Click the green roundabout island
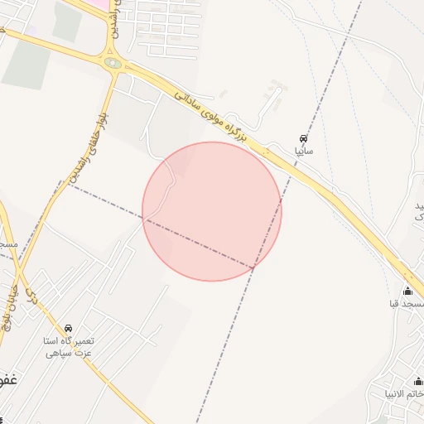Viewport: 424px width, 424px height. coord(113,63)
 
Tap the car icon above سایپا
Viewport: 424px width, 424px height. coord(304,139)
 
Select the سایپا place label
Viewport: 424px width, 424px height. coord(304,152)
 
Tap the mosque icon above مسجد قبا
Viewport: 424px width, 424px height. coord(407,291)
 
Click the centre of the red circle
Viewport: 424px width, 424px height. coord(212,211)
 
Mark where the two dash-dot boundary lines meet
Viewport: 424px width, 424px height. coord(253,267)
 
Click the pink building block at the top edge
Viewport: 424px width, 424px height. coord(100,4)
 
